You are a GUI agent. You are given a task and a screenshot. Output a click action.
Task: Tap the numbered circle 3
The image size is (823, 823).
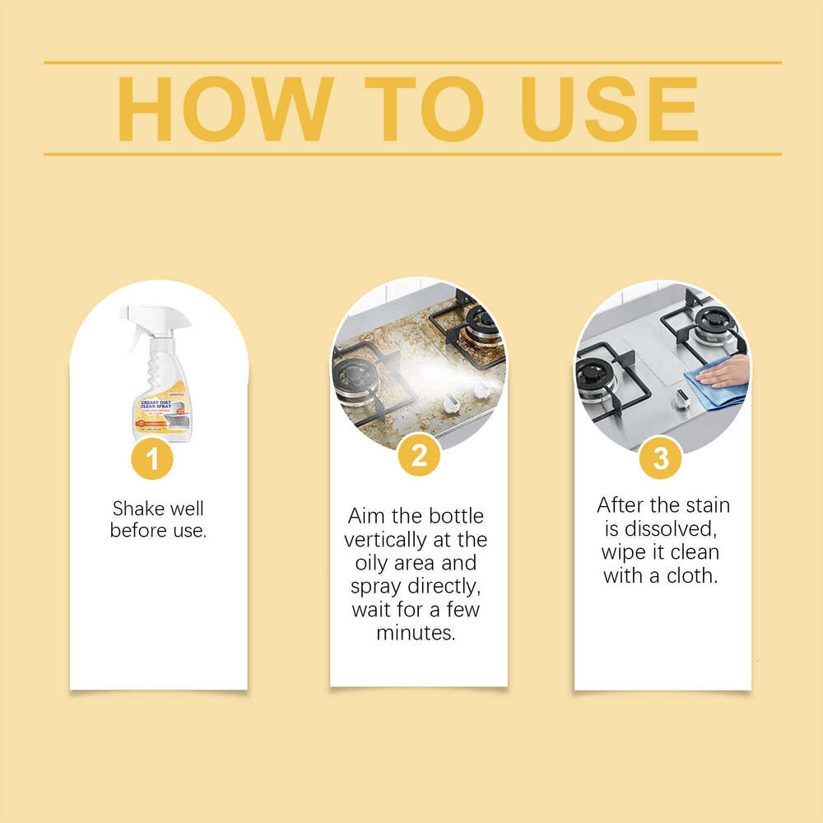(x=661, y=458)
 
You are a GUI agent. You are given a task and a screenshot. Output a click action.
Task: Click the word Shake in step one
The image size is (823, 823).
(x=135, y=509)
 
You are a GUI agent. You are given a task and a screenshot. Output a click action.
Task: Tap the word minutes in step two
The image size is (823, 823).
(x=416, y=633)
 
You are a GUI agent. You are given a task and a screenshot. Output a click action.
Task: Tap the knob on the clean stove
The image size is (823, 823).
(x=680, y=400)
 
